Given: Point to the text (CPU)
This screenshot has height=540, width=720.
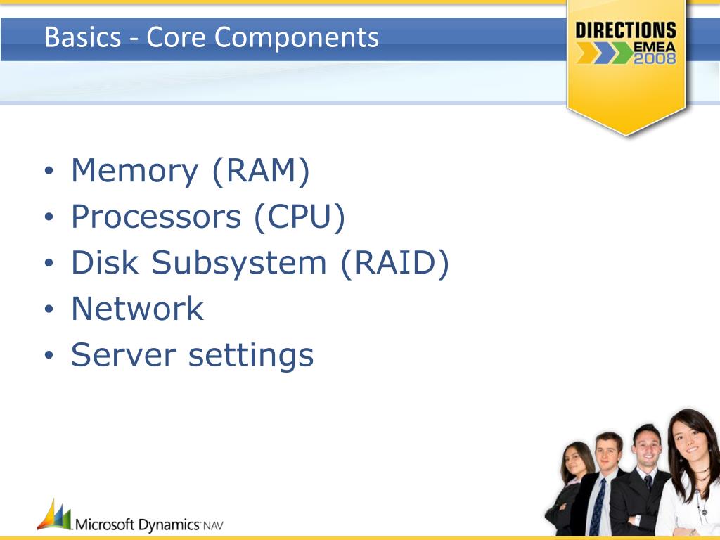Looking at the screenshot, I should [x=300, y=217].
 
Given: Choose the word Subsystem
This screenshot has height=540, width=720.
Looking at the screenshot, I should [x=238, y=264].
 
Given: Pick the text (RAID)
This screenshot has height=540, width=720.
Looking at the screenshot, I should [x=394, y=263].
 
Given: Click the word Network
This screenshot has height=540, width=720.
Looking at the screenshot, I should [x=138, y=309].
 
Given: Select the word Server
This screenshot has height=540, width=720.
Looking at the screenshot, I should [x=124, y=355].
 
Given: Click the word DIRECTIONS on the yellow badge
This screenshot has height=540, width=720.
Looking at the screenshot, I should [x=626, y=30].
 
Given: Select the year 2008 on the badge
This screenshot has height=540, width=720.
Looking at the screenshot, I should [x=655, y=59].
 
